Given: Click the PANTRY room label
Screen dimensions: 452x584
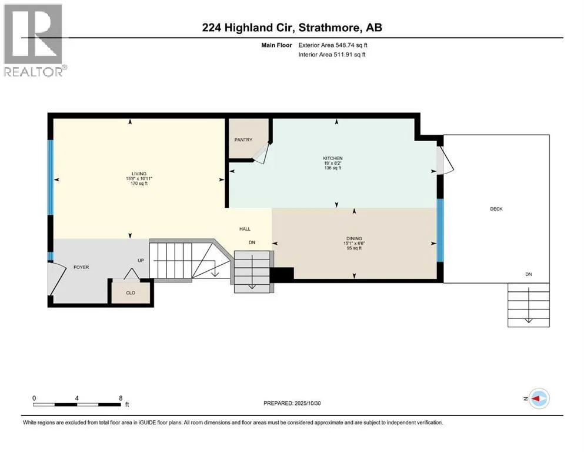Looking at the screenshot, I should pos(243,139).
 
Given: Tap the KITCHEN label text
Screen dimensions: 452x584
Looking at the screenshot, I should pos(332,158).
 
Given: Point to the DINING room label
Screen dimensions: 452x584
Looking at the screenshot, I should pos(353,238).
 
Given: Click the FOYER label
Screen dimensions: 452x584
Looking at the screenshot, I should pos(81,267).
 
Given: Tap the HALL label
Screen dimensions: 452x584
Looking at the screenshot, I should pos(246,230).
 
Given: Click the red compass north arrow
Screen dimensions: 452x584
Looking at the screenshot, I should pos(537,398).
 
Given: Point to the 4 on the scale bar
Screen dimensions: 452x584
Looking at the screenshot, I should pos(77,398).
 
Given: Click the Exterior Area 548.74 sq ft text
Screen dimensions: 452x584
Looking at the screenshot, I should pos(334,45).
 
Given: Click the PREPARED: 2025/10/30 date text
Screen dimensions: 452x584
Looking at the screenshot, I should pos(298,403).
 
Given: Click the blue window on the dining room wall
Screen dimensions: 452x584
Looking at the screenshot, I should pos(439,229).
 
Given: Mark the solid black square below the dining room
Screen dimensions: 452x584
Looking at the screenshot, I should pos(281,275).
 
